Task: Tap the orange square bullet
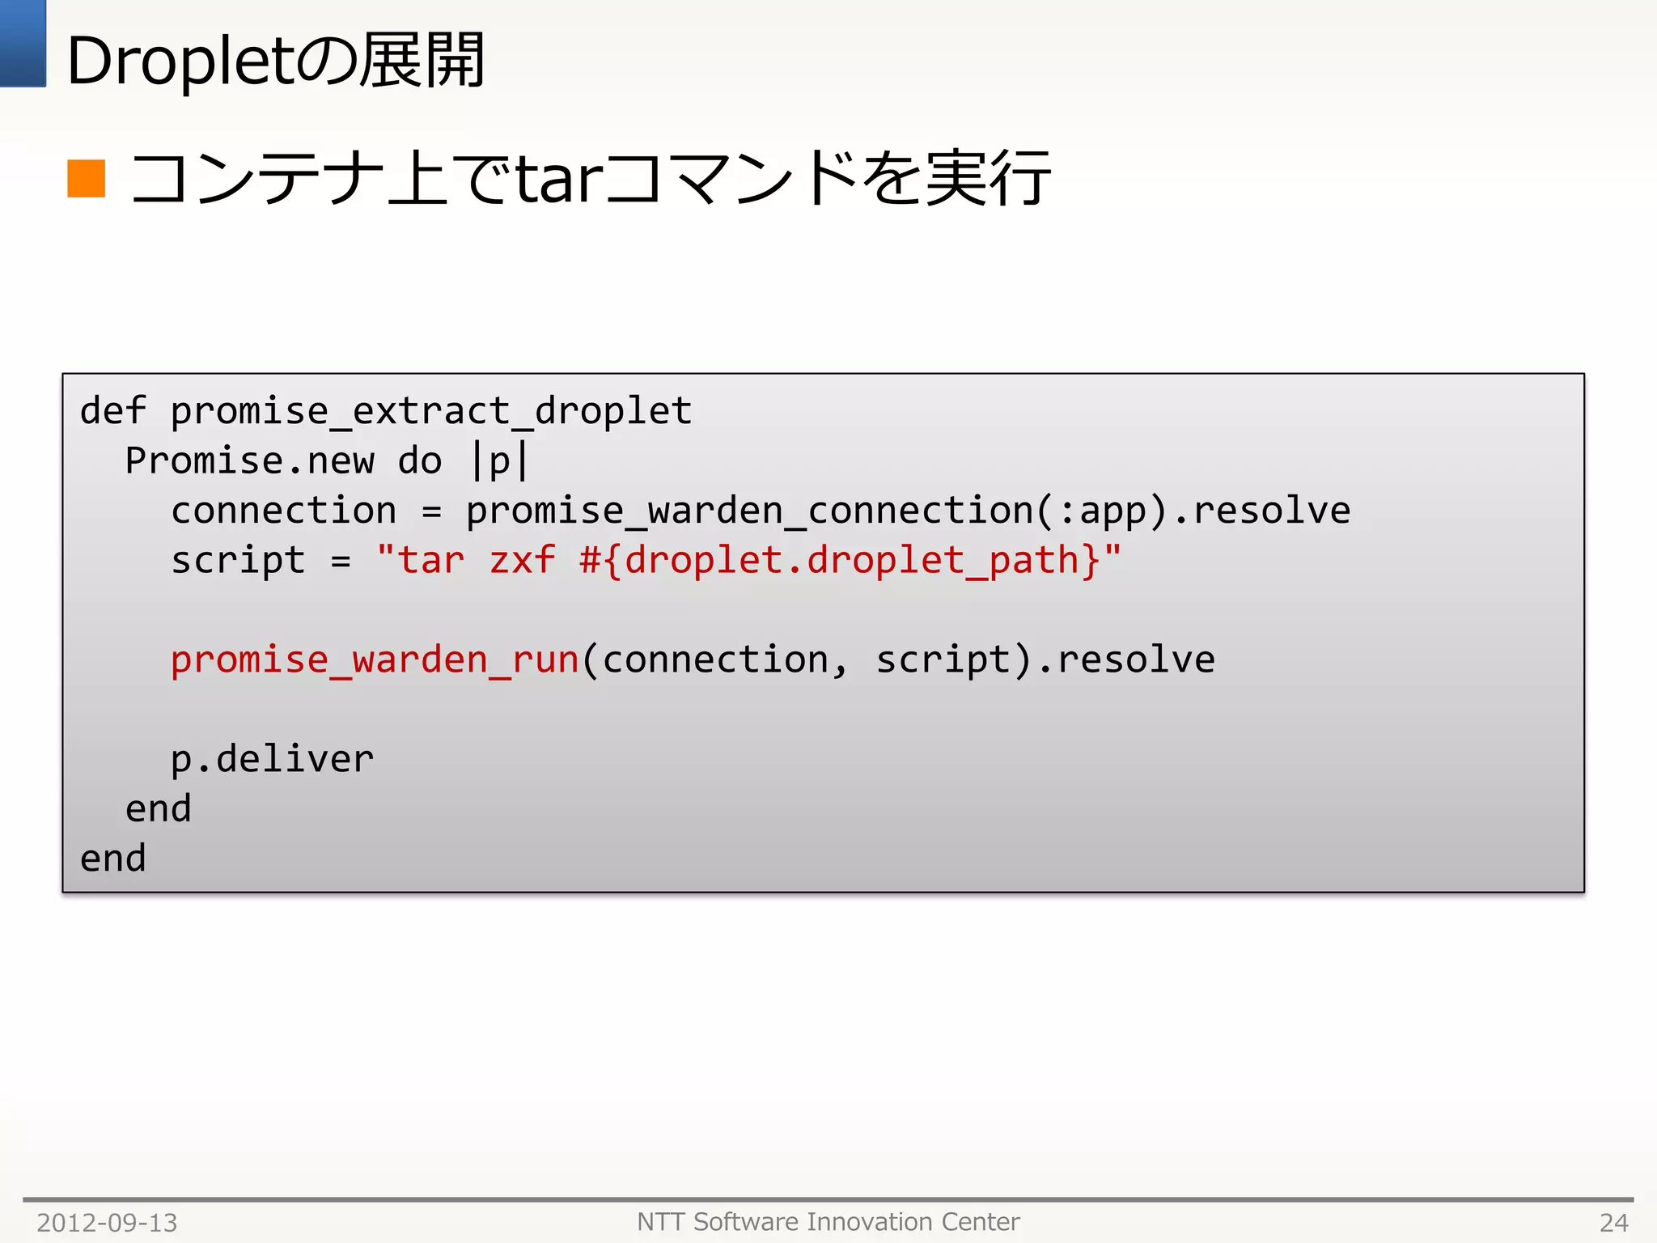[x=87, y=179]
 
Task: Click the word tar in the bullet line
[x=559, y=179]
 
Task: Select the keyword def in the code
[x=113, y=411]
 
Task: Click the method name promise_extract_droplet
[x=430, y=411]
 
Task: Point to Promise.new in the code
[x=249, y=461]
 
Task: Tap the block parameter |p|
[x=500, y=461]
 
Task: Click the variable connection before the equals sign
[x=283, y=511]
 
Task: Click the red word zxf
[x=522, y=560]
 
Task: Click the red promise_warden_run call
[x=375, y=660]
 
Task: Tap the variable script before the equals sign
[x=238, y=560]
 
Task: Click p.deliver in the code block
[x=272, y=759]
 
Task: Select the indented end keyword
[x=158, y=808]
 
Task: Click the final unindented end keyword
[x=113, y=859]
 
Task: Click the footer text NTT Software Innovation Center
[x=828, y=1222]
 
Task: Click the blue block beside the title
[x=23, y=43]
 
